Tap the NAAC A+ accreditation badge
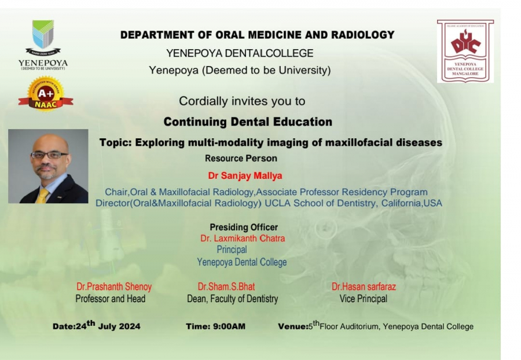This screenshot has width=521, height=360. pyautogui.click(x=46, y=94)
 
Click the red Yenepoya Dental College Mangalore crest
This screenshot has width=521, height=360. pyautogui.click(x=465, y=51)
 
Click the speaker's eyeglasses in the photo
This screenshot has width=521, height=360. pyautogui.click(x=49, y=155)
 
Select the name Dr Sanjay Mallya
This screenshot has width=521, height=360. pyautogui.click(x=245, y=176)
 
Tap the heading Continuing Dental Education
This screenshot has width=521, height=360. pyautogui.click(x=248, y=122)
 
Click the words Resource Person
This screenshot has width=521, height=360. pyautogui.click(x=241, y=159)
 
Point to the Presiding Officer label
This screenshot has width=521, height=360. pyautogui.click(x=244, y=227)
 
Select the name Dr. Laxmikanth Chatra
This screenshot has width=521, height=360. pyautogui.click(x=243, y=238)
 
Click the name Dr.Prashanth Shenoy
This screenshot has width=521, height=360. pyautogui.click(x=114, y=286)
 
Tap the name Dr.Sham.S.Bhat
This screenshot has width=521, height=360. pyautogui.click(x=226, y=286)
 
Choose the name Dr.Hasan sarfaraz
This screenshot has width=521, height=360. pyautogui.click(x=364, y=286)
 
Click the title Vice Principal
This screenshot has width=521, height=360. pyautogui.click(x=364, y=299)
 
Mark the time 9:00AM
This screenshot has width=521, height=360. pyautogui.click(x=229, y=326)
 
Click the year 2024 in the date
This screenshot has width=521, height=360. pyautogui.click(x=129, y=326)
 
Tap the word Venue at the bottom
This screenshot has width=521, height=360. pyautogui.click(x=292, y=327)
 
